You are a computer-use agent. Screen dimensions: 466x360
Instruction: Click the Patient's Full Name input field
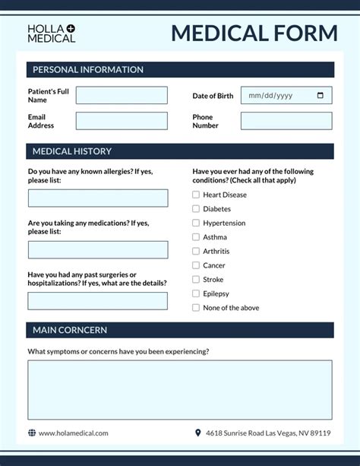click(122, 95)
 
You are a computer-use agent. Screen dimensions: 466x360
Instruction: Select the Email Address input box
click(122, 121)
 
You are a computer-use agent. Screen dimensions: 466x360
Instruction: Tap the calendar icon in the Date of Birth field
click(321, 95)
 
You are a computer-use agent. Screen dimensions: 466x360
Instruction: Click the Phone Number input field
click(286, 121)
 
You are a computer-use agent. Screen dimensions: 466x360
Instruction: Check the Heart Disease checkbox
click(196, 195)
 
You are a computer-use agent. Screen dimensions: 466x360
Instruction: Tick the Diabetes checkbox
click(196, 208)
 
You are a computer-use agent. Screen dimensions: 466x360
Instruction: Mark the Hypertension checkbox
click(196, 223)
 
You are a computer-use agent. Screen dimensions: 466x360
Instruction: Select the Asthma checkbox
click(196, 237)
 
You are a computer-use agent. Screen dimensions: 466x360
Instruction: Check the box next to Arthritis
click(196, 251)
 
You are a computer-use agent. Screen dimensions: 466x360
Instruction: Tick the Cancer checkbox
click(196, 265)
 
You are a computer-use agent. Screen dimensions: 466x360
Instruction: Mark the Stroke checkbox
click(196, 280)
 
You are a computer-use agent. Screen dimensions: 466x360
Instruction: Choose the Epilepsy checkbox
click(196, 293)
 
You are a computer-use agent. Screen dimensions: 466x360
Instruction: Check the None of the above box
click(196, 308)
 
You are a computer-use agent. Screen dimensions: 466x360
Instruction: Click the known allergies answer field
click(98, 198)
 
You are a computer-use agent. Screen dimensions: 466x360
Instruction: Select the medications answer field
click(98, 250)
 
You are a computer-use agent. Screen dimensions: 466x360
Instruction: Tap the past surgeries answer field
click(98, 301)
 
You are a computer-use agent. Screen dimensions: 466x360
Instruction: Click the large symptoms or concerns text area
click(180, 389)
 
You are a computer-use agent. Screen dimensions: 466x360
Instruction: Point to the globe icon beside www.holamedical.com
click(32, 433)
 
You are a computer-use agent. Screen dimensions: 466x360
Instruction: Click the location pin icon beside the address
click(198, 433)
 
